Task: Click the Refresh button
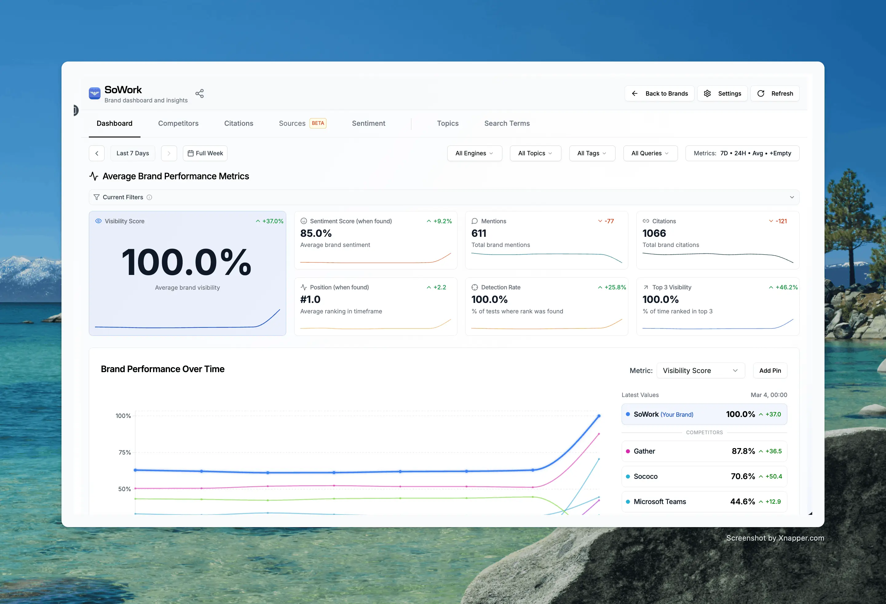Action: point(775,93)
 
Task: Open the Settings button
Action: point(722,93)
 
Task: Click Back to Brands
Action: point(659,93)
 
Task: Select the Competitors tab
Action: point(178,123)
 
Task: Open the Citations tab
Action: point(238,123)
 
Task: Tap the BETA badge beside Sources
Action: point(318,123)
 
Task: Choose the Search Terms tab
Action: point(507,123)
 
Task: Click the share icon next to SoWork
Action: point(200,93)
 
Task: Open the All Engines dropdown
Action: point(474,153)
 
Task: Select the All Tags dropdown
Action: point(592,153)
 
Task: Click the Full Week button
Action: point(205,153)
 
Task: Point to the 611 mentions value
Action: point(479,233)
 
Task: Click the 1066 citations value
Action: point(654,233)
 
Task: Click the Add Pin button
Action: point(770,371)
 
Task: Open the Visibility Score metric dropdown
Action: point(700,371)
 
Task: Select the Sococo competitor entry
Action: point(704,476)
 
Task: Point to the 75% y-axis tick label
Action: point(125,452)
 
